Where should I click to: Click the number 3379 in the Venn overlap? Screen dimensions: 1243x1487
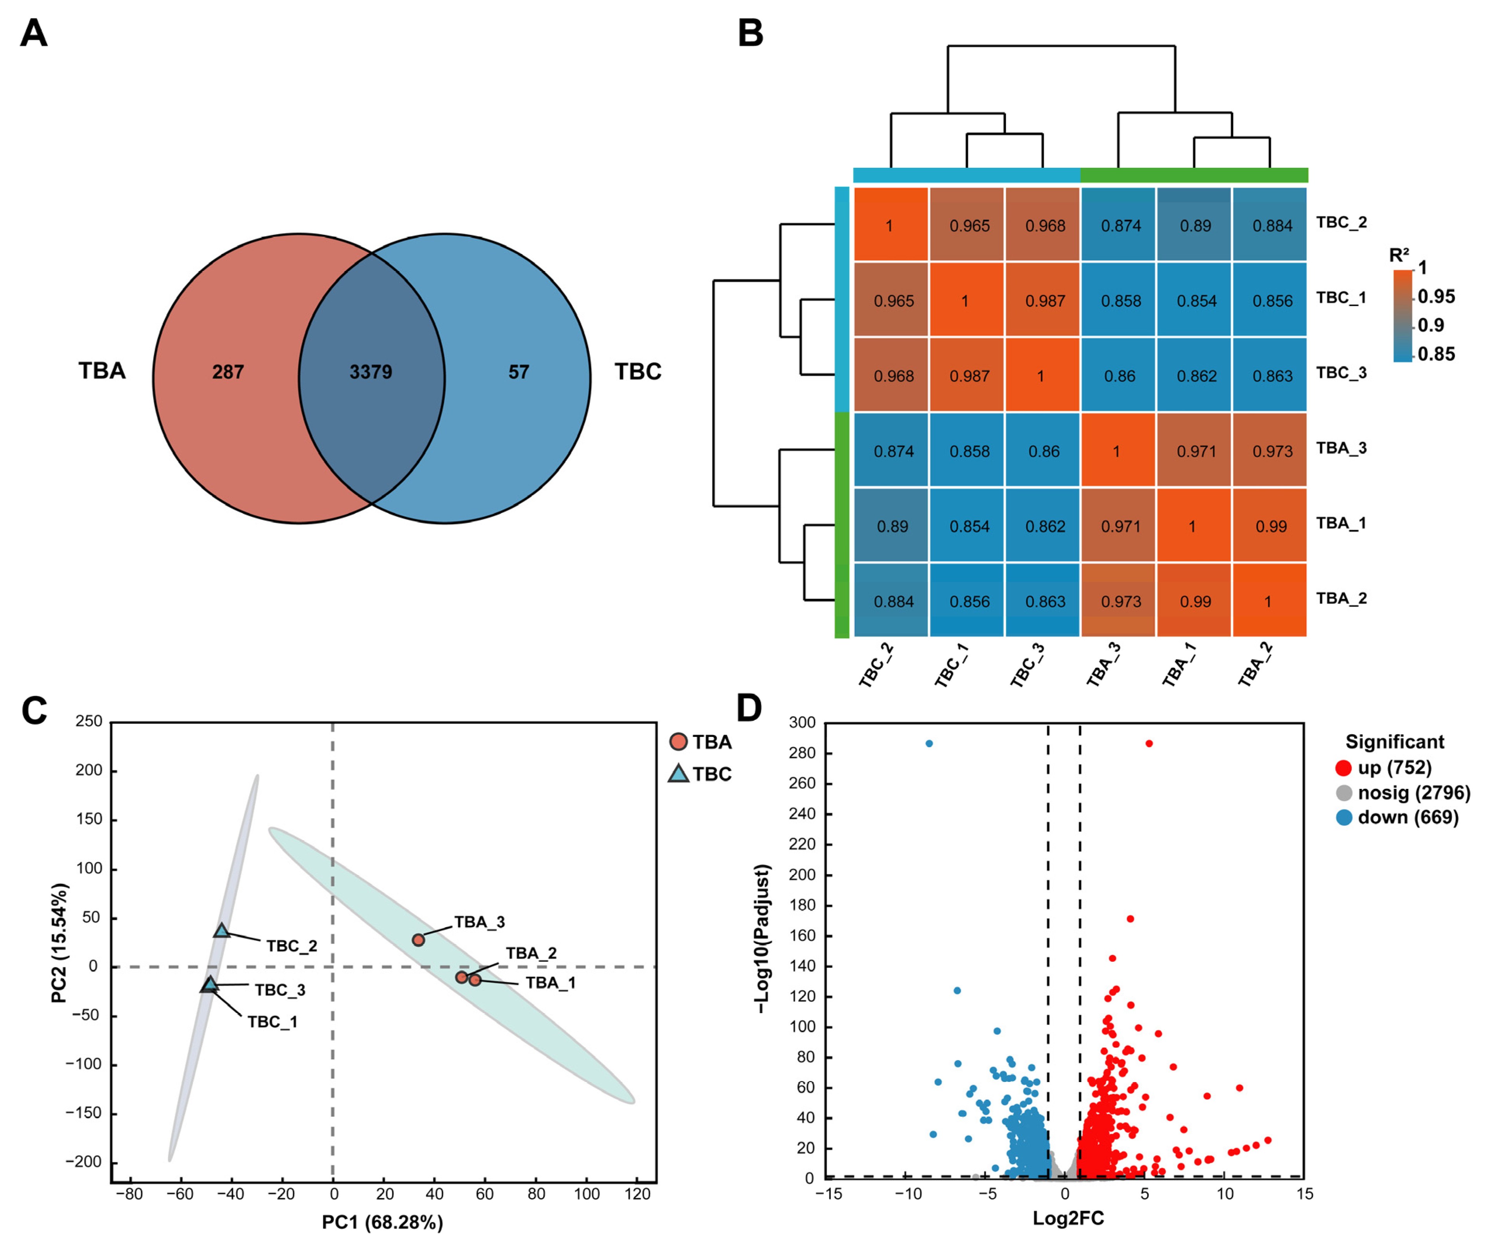370,372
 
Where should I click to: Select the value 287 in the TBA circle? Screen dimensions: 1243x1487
228,372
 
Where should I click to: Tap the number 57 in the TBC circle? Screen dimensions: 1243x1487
518,372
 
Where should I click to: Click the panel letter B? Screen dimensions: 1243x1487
750,33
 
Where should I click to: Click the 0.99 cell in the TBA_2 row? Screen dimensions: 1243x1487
1195,602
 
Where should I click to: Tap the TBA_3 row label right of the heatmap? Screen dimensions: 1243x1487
1341,448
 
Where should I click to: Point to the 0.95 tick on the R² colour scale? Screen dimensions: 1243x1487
1436,296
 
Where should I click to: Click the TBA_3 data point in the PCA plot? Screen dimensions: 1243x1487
419,940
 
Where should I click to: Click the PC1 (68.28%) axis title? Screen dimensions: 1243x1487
382,1222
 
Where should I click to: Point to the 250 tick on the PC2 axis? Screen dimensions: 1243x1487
89,721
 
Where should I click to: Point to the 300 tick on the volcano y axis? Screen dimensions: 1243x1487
802,723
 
